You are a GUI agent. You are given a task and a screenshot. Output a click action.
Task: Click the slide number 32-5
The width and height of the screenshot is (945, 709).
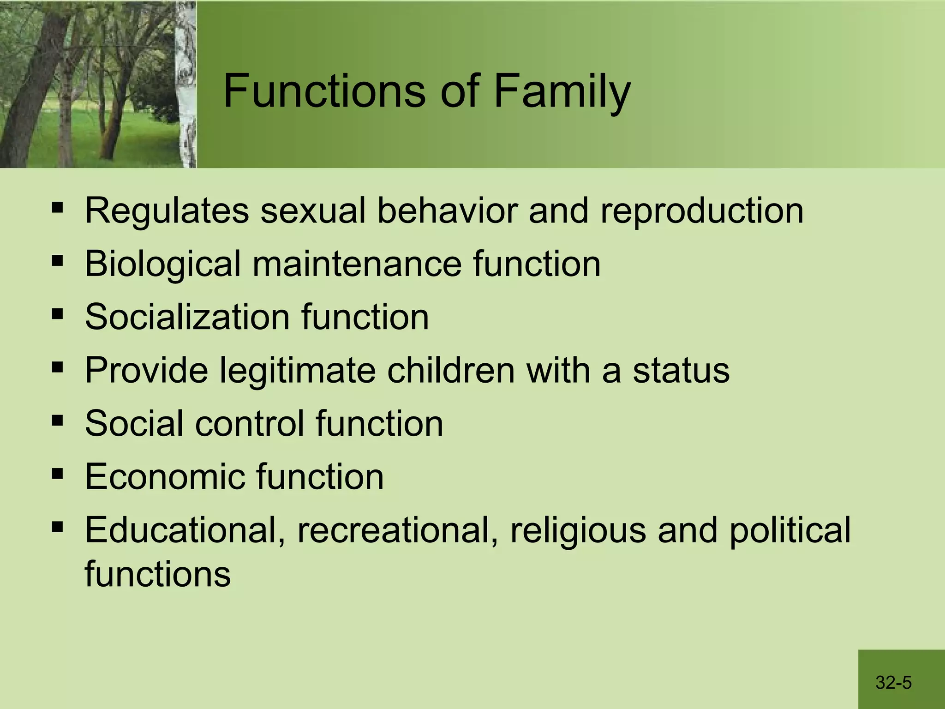click(893, 682)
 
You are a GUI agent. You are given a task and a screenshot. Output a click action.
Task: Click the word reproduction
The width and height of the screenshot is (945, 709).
click(702, 211)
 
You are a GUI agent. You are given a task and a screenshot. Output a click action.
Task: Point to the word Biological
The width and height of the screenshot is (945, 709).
click(163, 264)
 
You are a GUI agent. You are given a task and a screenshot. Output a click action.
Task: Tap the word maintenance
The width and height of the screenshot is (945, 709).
click(357, 264)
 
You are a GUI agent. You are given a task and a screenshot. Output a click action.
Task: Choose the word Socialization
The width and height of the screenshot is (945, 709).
click(187, 317)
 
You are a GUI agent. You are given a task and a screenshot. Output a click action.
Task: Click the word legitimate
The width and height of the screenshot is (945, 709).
click(297, 370)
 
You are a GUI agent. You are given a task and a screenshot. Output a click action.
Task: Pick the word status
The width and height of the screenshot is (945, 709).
click(681, 370)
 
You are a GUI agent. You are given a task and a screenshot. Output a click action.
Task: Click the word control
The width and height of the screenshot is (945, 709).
click(249, 423)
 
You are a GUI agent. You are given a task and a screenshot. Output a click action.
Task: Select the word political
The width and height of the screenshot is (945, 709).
click(789, 530)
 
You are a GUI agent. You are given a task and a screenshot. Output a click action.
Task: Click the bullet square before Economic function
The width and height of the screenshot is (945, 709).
click(57, 473)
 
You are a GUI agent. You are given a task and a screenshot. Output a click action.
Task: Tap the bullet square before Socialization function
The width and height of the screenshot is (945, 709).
click(57, 314)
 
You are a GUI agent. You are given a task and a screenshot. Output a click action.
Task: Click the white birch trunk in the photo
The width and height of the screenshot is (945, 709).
click(186, 92)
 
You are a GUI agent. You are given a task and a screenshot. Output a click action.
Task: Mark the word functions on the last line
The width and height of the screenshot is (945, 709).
click(157, 574)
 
